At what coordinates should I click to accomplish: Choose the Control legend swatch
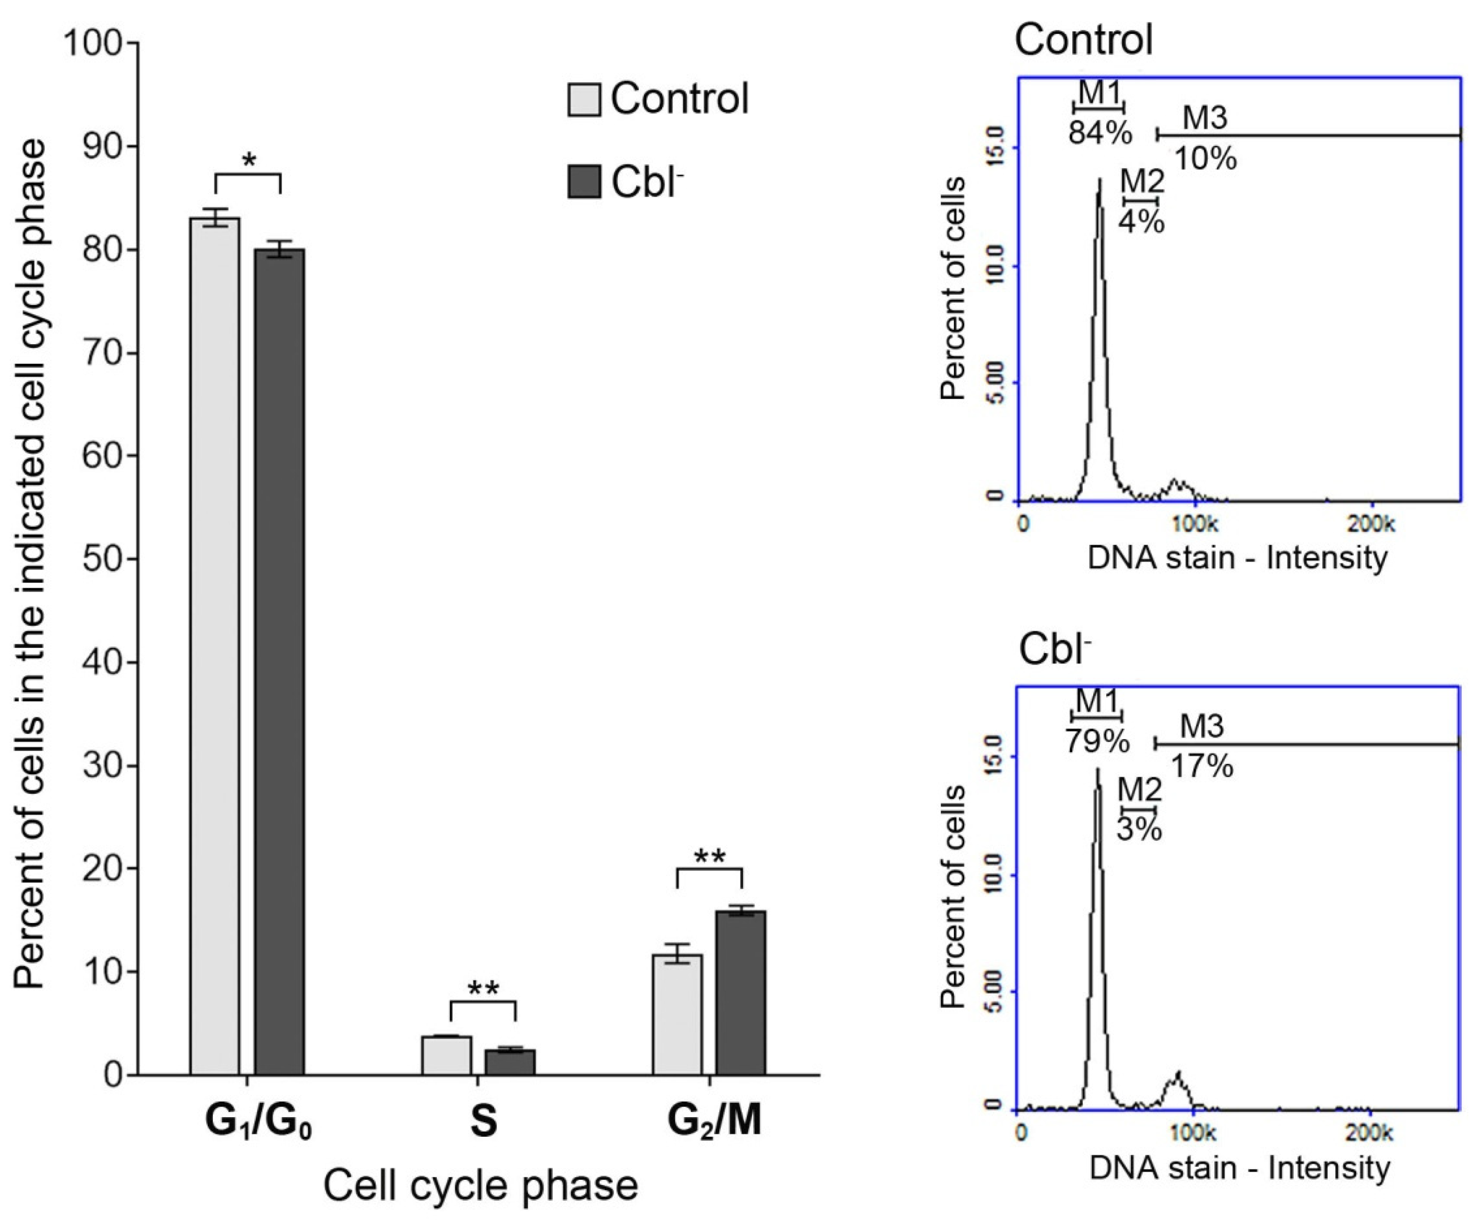584,99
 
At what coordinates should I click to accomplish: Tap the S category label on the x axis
484,1122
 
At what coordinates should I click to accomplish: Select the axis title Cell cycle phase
481,1186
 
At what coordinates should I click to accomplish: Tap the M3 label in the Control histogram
1204,118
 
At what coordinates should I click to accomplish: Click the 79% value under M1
1097,741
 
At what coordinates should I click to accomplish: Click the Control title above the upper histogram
1084,40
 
